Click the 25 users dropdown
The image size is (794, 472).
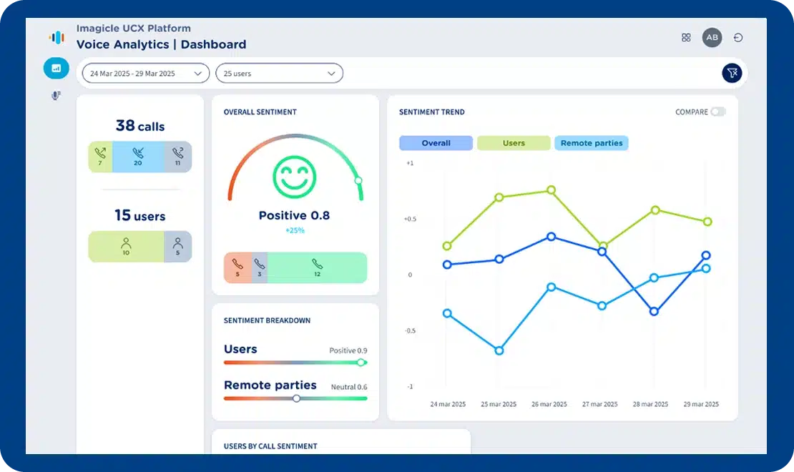pyautogui.click(x=279, y=74)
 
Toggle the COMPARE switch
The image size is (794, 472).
pyautogui.click(x=717, y=112)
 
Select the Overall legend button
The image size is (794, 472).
pyautogui.click(x=436, y=143)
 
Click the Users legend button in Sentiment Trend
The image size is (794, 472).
pyautogui.click(x=514, y=143)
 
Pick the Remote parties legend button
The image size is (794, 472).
pyautogui.click(x=591, y=143)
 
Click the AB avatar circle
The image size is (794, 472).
pyautogui.click(x=712, y=38)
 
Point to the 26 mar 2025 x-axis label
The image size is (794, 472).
pyautogui.click(x=549, y=404)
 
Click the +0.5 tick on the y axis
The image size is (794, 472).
pyautogui.click(x=408, y=219)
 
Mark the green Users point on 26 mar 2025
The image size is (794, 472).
pyautogui.click(x=551, y=190)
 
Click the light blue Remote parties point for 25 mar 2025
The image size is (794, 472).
pyautogui.click(x=499, y=350)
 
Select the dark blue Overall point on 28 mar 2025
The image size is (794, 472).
pyautogui.click(x=654, y=311)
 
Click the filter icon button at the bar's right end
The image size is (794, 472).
pyautogui.click(x=732, y=73)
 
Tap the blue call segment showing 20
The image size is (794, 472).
pyautogui.click(x=138, y=156)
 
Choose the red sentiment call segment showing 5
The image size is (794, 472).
pyautogui.click(x=237, y=267)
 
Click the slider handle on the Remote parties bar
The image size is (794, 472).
pyautogui.click(x=296, y=398)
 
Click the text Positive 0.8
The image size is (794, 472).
pyautogui.click(x=294, y=215)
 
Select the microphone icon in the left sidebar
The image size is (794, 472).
pyautogui.click(x=56, y=95)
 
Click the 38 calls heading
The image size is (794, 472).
pyautogui.click(x=140, y=126)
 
